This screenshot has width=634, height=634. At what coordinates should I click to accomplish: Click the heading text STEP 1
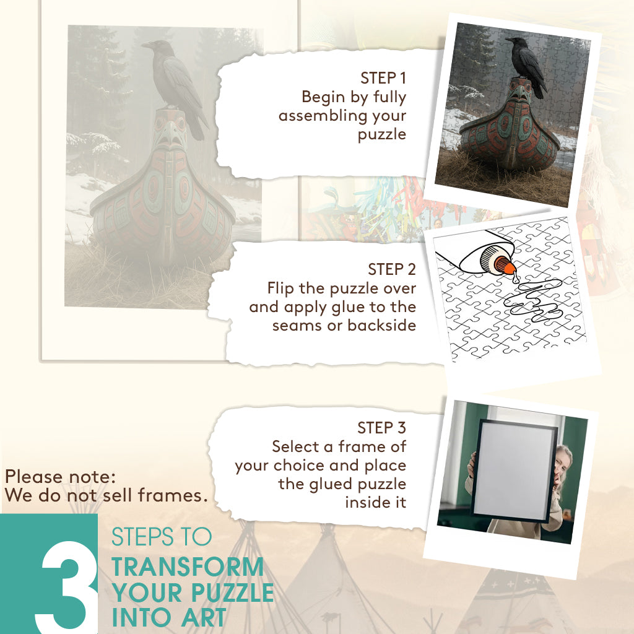coord(383,78)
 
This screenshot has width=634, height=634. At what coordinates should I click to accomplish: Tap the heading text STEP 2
coord(392,269)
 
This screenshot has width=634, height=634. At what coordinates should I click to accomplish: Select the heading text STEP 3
coord(381,428)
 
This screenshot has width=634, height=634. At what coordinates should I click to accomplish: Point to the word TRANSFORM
coord(188,567)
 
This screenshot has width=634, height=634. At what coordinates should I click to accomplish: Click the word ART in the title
coord(203,617)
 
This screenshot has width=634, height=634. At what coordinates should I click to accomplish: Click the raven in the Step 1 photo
coord(526,66)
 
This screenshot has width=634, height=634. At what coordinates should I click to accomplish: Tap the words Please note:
coord(60,477)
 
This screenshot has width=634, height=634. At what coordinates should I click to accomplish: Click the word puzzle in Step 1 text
coord(381,134)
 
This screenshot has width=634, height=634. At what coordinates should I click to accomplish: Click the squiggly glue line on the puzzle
coord(534,302)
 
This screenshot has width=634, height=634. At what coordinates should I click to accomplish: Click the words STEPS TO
coord(162,537)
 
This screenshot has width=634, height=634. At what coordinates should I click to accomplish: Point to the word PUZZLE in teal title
coord(233,593)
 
